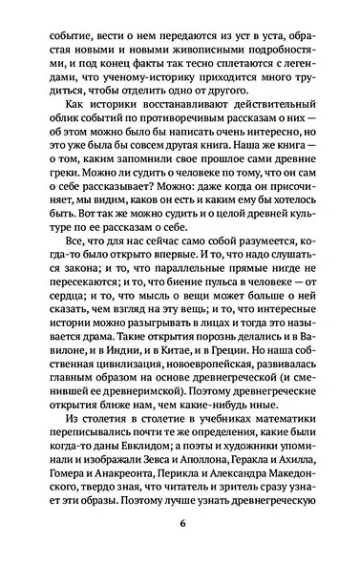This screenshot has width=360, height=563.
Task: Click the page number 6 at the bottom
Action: [x=180, y=523]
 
